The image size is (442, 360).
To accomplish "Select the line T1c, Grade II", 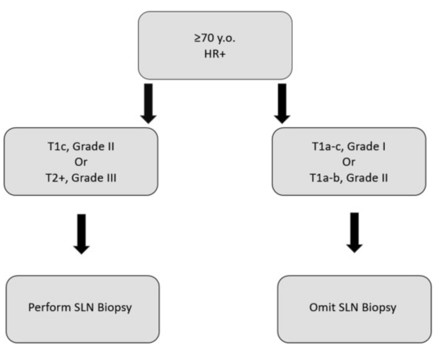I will click(x=80, y=146).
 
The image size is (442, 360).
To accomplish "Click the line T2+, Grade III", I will click(x=80, y=178).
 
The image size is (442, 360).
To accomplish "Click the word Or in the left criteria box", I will click(x=80, y=162).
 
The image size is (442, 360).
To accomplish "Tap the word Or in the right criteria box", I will click(x=349, y=162).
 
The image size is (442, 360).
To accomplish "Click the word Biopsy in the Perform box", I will click(x=115, y=308).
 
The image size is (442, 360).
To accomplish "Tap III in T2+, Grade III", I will click(x=110, y=178).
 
